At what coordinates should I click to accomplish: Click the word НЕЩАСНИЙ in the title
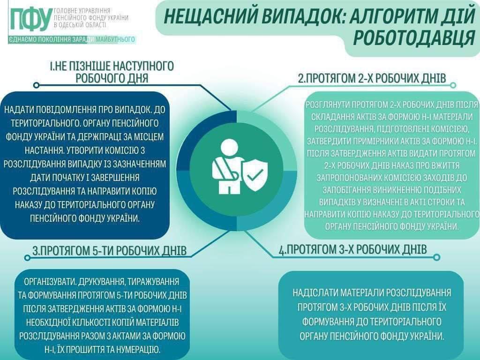208,17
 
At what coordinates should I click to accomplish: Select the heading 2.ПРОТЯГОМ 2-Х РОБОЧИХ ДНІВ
372,78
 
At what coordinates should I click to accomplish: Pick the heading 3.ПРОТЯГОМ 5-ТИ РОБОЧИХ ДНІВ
110,251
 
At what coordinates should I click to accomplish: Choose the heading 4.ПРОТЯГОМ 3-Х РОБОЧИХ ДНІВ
352,249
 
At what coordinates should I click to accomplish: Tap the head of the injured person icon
229,148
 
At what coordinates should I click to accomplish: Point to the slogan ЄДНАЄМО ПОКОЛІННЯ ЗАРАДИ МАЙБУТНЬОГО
72,39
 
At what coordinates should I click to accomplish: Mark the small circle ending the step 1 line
36,85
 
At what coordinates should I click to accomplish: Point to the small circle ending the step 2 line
453,85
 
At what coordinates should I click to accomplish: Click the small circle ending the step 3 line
27,258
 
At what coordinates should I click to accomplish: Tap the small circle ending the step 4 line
437,257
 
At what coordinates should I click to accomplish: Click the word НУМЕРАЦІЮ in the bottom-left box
139,349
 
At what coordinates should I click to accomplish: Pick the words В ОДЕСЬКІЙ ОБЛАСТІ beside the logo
80,25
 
